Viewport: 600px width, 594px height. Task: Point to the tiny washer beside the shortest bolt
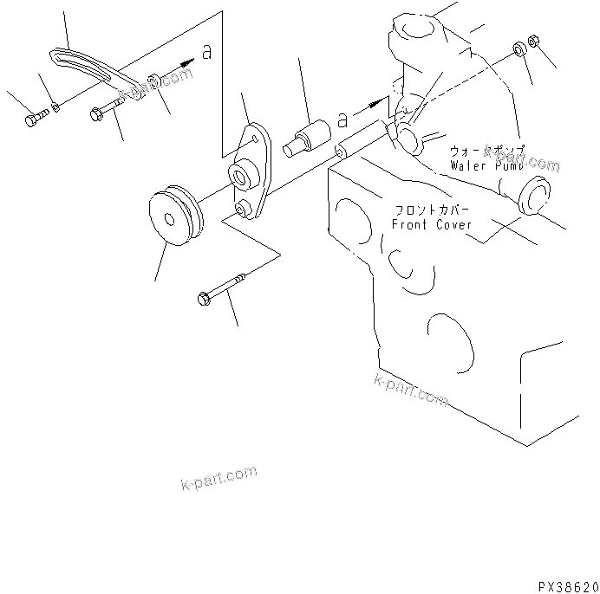55,107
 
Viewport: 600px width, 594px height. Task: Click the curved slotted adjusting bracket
87,68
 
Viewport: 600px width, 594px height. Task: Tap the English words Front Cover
432,223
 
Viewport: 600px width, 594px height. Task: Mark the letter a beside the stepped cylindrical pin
342,116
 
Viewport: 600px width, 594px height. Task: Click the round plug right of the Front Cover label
534,196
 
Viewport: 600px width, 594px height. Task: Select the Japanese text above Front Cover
433,210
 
